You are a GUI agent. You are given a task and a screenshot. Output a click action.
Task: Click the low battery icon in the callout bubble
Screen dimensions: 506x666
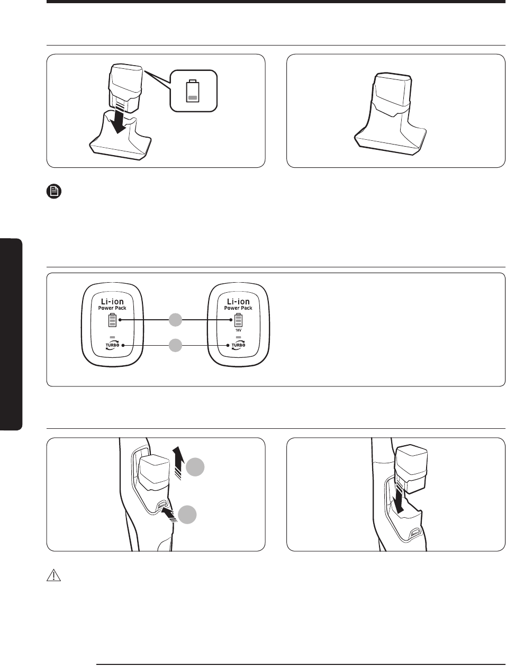coord(193,91)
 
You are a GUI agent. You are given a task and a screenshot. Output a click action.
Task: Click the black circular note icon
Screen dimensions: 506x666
coord(54,192)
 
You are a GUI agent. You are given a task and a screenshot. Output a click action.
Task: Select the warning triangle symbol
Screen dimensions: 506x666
coord(53,575)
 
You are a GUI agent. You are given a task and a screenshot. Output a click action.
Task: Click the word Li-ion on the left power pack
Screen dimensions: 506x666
coord(112,301)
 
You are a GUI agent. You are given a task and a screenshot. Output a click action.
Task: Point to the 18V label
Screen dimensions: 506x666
coord(238,330)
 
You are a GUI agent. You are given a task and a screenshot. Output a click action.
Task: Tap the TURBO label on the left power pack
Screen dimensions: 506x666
coord(112,345)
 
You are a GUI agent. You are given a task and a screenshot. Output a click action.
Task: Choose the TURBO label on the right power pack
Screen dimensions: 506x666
coord(238,345)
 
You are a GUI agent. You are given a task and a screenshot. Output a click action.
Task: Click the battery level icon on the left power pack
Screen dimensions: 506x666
coord(112,320)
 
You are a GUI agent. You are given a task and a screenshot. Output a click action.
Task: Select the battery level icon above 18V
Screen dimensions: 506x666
coord(238,320)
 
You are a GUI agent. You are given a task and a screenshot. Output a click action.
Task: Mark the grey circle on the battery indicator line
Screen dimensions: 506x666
coord(175,320)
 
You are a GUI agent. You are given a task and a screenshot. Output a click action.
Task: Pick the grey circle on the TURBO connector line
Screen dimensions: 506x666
coord(175,345)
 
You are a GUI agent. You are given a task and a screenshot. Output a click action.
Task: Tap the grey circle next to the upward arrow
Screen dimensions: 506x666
coord(195,467)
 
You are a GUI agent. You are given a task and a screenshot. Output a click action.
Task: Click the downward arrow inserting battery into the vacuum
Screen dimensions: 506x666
coord(400,498)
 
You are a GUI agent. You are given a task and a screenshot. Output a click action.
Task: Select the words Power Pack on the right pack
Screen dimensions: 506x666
coord(238,308)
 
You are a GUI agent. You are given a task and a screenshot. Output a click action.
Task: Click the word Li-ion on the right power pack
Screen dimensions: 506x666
coord(238,301)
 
